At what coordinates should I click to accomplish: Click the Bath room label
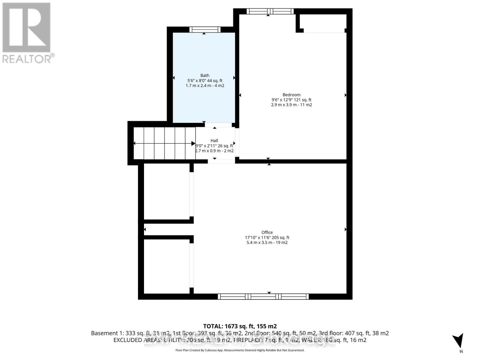[x=205, y=76]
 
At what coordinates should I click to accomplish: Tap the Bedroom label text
[x=291, y=95]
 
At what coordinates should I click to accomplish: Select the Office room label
[x=267, y=232]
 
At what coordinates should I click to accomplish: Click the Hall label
[x=214, y=140]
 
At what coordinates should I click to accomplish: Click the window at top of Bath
[x=205, y=29]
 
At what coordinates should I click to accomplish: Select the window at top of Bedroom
[x=270, y=11]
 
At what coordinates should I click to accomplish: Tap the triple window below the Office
[x=263, y=296]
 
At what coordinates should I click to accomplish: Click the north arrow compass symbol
[x=458, y=341]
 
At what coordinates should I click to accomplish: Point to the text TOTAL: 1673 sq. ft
[x=240, y=326]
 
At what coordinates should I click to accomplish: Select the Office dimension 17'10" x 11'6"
[x=258, y=237]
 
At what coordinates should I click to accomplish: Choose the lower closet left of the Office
[x=166, y=266]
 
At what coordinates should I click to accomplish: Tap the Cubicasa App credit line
[x=240, y=350]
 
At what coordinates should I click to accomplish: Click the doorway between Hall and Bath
[x=218, y=125]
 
